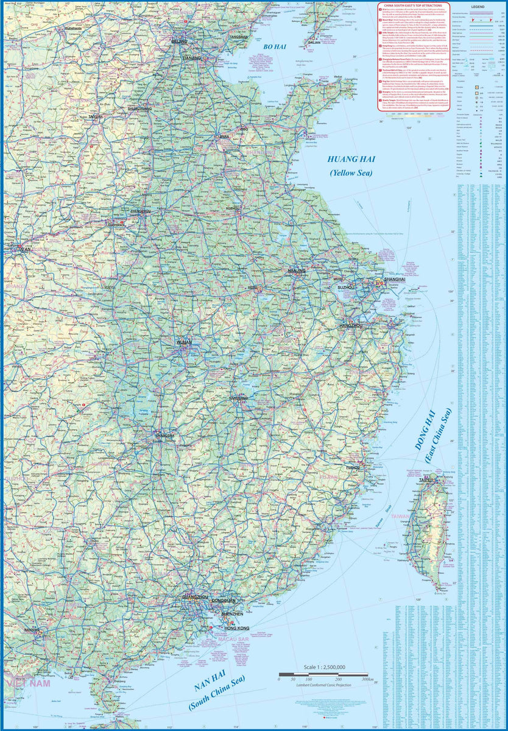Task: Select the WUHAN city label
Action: point(184,344)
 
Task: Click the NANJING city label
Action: point(297,270)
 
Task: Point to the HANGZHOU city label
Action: point(351,326)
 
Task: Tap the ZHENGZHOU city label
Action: point(141,211)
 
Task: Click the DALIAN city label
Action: point(314,43)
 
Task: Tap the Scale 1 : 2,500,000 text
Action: point(323,667)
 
